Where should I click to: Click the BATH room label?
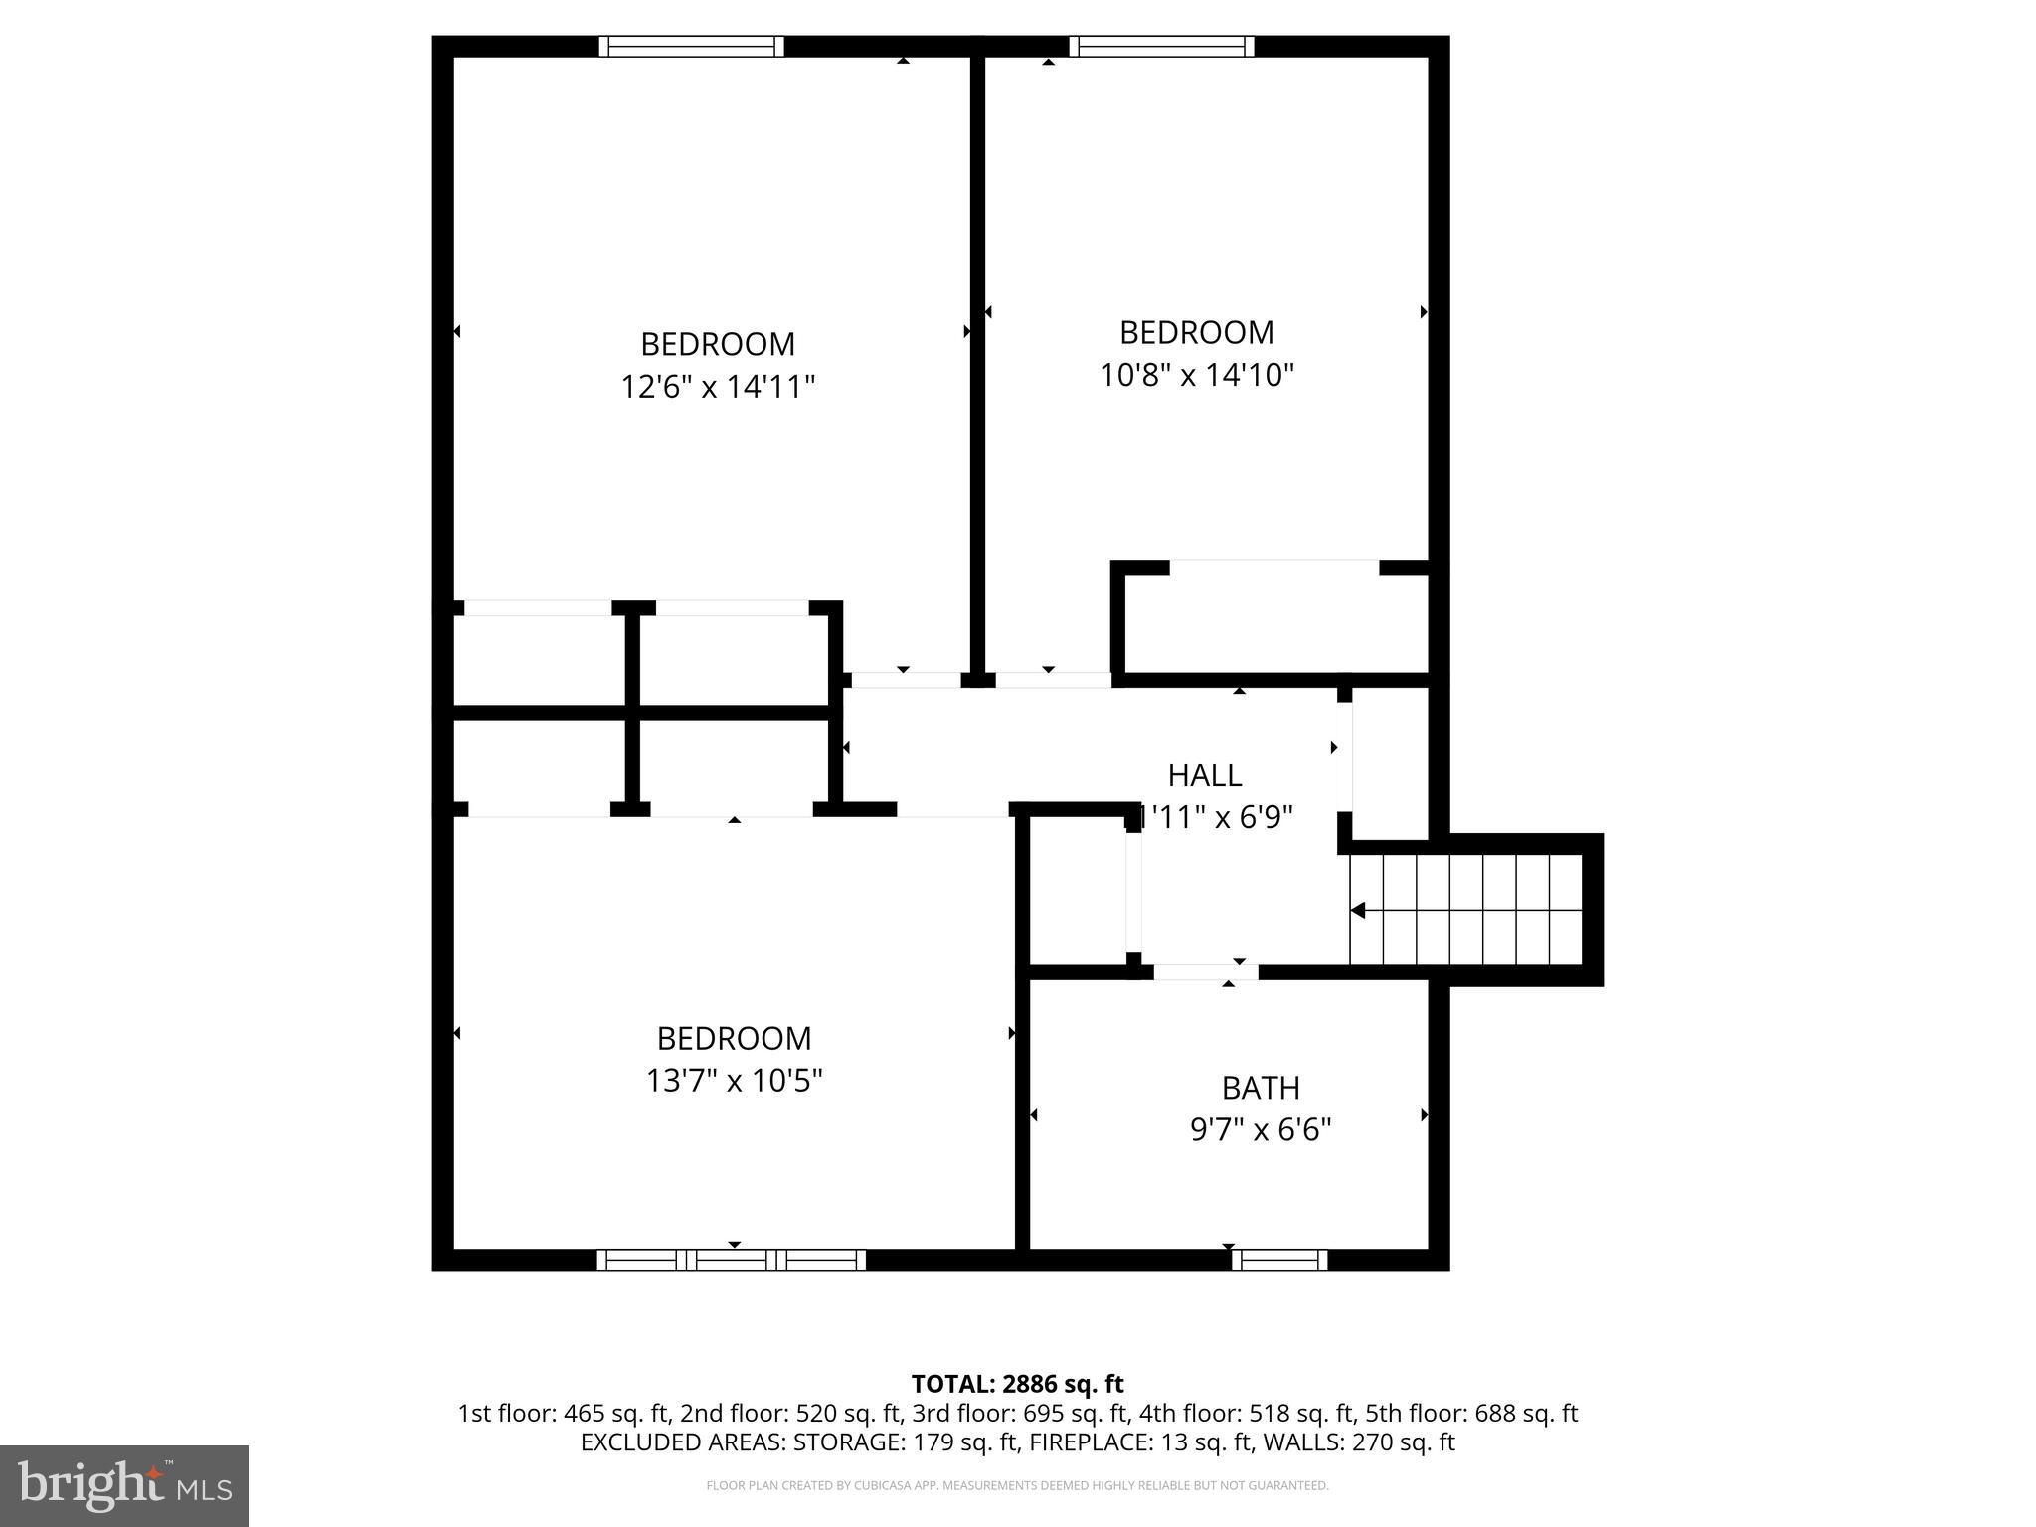click(x=1260, y=1088)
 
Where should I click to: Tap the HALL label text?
click(x=1204, y=774)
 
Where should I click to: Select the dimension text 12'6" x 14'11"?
click(x=718, y=386)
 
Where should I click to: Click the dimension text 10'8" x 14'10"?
click(x=1197, y=375)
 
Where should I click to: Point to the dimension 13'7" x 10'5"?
click(x=734, y=1080)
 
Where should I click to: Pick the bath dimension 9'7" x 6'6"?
click(x=1260, y=1130)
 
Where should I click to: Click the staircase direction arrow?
click(x=1358, y=911)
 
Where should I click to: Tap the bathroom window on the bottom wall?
click(x=1278, y=1260)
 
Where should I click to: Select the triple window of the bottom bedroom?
click(x=731, y=1260)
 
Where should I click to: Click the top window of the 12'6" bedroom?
click(x=691, y=46)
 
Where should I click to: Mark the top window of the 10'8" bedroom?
click(x=1161, y=46)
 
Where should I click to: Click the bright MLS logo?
click(x=123, y=1485)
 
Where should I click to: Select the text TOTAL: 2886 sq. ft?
click(x=1017, y=1384)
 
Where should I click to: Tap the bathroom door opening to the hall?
click(x=1205, y=972)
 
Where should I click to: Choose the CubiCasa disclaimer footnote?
click(x=1017, y=1486)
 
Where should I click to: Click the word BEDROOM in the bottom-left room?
click(x=734, y=1038)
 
